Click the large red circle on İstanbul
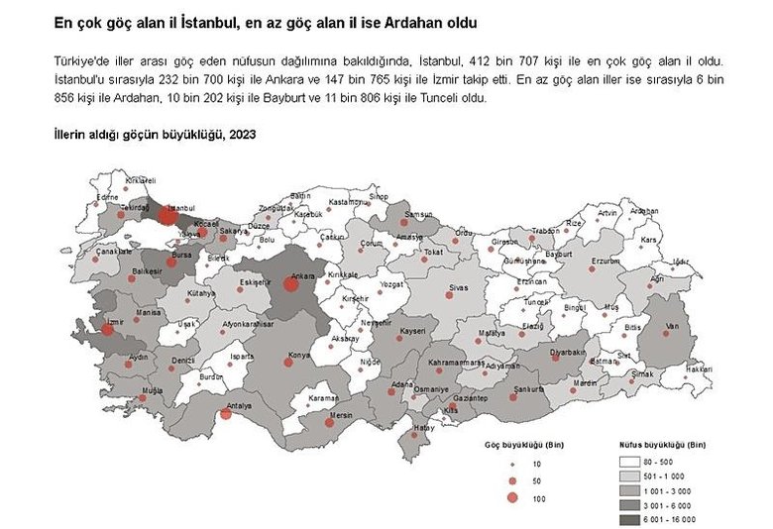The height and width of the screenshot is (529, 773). (x=168, y=216)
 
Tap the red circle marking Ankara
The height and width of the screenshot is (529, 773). (x=290, y=284)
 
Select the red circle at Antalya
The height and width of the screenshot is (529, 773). (x=226, y=414)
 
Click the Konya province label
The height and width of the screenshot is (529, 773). (x=298, y=355)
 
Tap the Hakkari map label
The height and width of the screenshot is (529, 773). (x=700, y=369)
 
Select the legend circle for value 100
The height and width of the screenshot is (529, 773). (x=511, y=497)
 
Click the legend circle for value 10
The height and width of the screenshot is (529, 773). (x=511, y=464)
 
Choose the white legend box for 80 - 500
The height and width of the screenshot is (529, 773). (x=628, y=463)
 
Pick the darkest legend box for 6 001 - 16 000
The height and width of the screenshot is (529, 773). (x=628, y=517)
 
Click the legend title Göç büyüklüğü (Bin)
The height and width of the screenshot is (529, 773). (x=517, y=444)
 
